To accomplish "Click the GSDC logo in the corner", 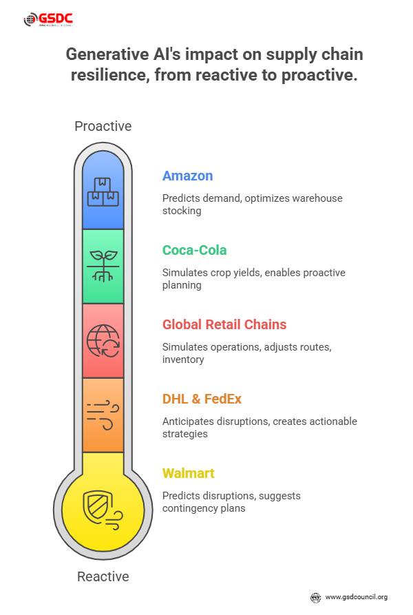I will tap(47, 20).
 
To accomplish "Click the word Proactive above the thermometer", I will tap(103, 126).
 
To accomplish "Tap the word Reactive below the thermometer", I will tap(103, 576).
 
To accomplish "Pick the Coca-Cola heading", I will tap(195, 250).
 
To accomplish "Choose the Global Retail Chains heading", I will tap(224, 324).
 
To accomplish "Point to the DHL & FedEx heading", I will tap(202, 399).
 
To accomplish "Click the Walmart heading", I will tap(189, 473).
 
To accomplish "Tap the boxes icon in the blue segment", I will tap(103, 192).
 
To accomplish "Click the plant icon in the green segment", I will tap(103, 267).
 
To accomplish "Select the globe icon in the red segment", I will tap(103, 340).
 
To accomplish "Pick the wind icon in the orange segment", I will tap(103, 415).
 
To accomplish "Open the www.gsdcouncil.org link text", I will tap(356, 597).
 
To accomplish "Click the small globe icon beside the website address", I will tap(316, 597).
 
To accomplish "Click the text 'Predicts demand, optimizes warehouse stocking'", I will tap(252, 205).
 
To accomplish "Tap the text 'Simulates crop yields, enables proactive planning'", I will tap(253, 279).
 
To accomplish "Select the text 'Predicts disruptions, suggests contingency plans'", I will tap(231, 502).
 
